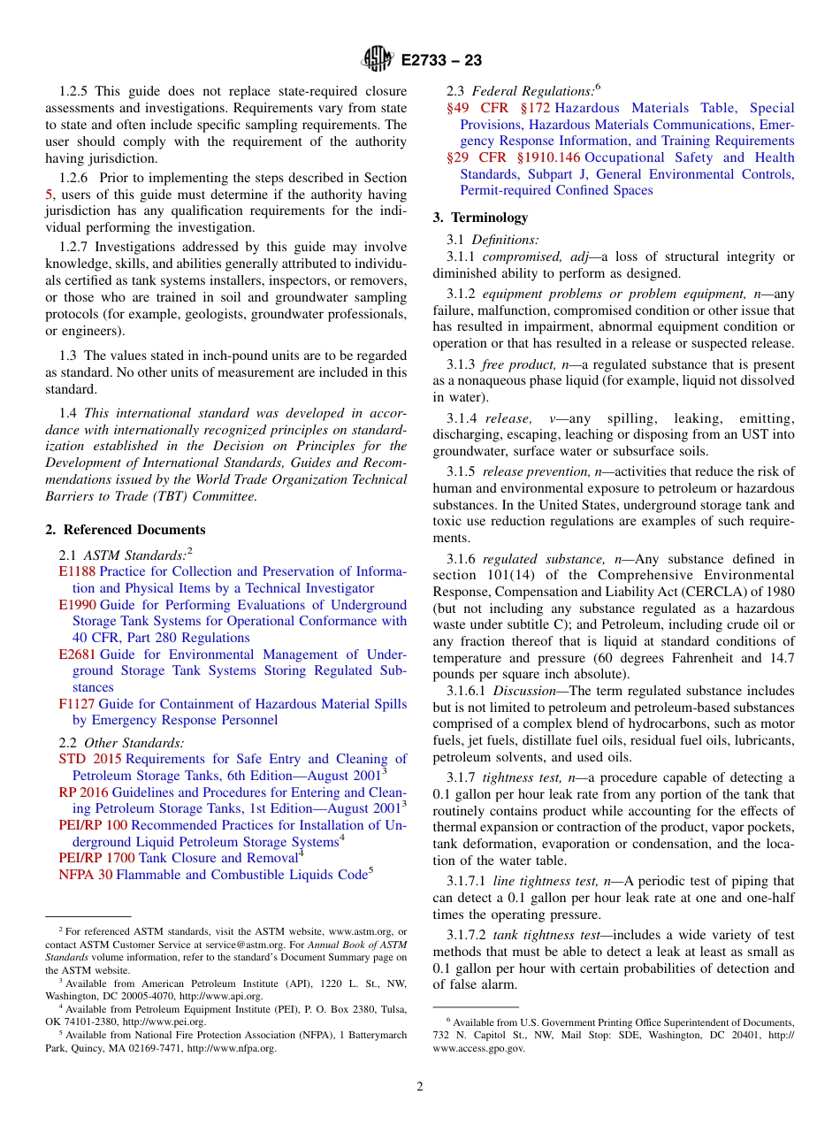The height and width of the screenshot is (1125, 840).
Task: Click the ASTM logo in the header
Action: coord(378,59)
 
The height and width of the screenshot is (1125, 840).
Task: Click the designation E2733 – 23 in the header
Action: coord(441,60)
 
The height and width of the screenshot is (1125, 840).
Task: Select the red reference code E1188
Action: coord(77,571)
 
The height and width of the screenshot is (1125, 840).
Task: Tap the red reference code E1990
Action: coord(78,605)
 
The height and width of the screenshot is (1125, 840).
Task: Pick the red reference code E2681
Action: coord(78,654)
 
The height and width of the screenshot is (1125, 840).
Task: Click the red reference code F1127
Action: coord(77,704)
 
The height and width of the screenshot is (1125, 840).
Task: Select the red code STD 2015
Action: coord(90,759)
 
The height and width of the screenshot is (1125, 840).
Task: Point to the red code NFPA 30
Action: coord(85,875)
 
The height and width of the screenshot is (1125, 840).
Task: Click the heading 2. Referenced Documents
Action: coord(126,530)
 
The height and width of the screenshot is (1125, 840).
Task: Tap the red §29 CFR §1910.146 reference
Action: coord(515,157)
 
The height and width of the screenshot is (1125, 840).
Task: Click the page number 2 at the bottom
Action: coord(420,1087)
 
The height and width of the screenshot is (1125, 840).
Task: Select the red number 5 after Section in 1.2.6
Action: coord(50,195)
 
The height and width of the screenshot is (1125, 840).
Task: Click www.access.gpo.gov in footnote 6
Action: coord(478,1048)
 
